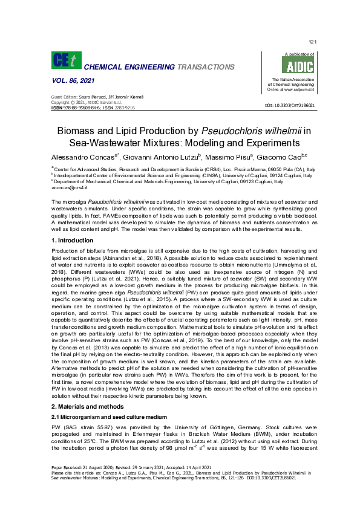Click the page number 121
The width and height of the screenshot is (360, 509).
click(x=312, y=42)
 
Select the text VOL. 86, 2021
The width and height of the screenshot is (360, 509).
click(x=67, y=80)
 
